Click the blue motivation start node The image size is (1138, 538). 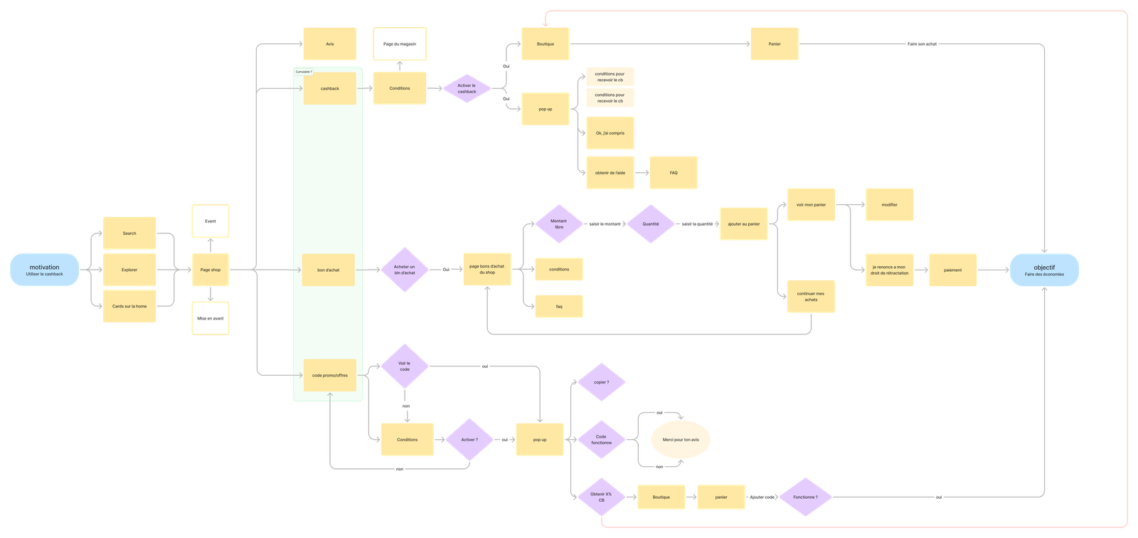(x=44, y=270)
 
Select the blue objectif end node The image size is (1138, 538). (x=1044, y=270)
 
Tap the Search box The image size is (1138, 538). (x=129, y=233)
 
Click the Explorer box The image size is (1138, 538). (x=129, y=270)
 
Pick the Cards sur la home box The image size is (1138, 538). (x=129, y=306)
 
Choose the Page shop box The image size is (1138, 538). (x=210, y=270)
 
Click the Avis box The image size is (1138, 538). (x=329, y=44)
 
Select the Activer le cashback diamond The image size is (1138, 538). (x=467, y=88)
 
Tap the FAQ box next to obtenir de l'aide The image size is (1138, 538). (x=673, y=173)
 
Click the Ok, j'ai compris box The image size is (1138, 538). (x=610, y=133)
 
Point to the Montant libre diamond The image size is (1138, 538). (x=558, y=223)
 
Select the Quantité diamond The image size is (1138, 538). (x=650, y=223)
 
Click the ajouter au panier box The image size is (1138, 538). (x=743, y=223)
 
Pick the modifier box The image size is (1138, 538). (x=889, y=205)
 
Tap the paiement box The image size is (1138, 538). (x=952, y=270)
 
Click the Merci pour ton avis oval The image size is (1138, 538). (x=680, y=440)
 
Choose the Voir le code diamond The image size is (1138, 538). (x=404, y=366)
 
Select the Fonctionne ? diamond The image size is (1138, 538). (x=804, y=497)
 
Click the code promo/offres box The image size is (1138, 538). (x=329, y=375)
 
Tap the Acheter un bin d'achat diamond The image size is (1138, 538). (x=404, y=270)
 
